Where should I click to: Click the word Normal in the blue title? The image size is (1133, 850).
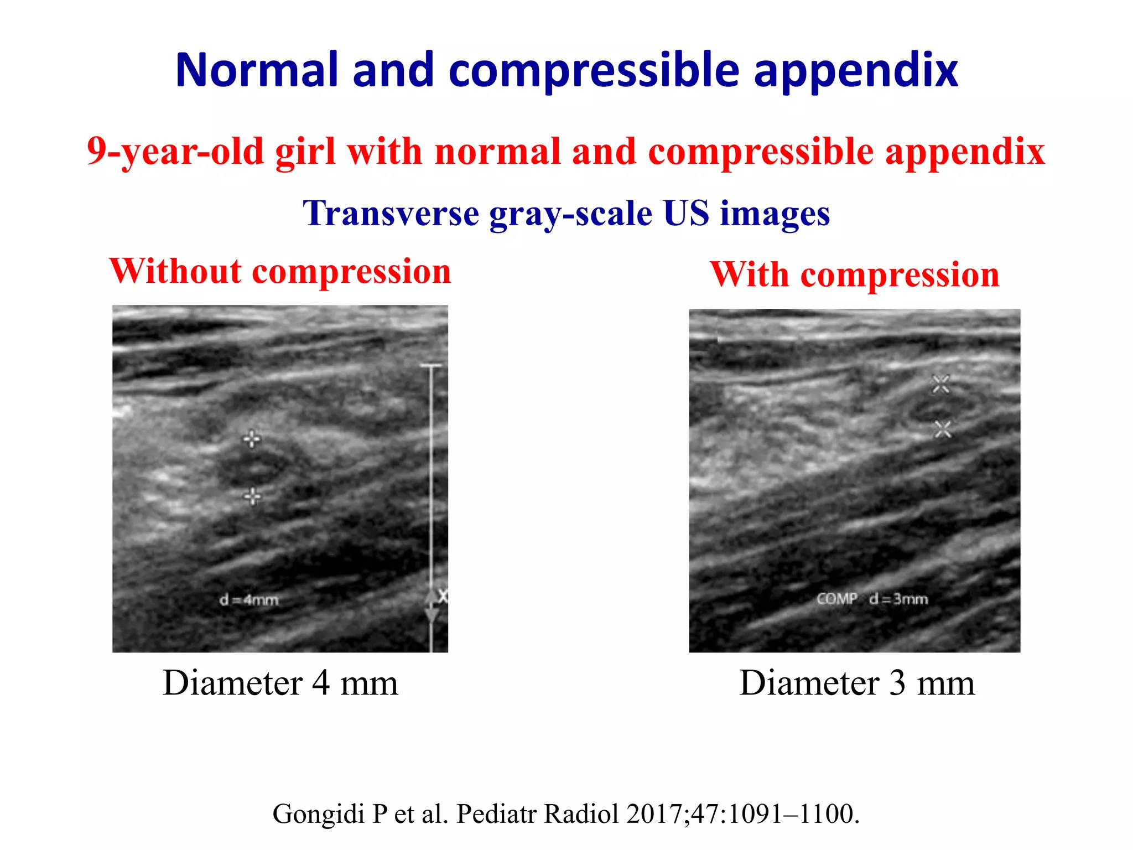(256, 70)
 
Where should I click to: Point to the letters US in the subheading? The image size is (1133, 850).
(685, 214)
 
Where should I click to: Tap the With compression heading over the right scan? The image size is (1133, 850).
(855, 274)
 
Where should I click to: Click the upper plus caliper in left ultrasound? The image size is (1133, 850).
(252, 439)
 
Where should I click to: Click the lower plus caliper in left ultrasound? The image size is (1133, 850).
(252, 496)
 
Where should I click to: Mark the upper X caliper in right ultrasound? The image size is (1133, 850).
(940, 384)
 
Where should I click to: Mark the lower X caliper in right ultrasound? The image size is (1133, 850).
(942, 429)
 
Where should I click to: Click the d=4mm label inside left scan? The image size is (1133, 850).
(249, 600)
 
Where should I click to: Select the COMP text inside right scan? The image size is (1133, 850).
(837, 599)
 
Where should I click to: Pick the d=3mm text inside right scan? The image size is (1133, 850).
(898, 599)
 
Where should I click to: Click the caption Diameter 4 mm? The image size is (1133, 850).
(280, 683)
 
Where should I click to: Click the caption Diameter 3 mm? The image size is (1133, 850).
(856, 683)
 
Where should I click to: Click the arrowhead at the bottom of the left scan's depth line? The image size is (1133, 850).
(431, 614)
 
